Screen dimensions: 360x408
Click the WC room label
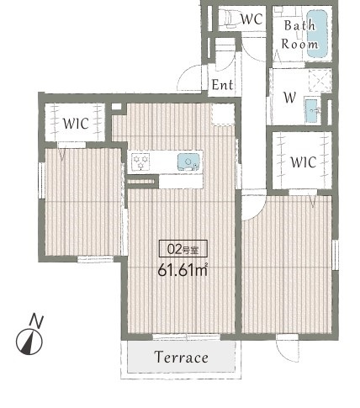pos(251,19)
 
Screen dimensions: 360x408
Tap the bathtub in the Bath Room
pos(317,34)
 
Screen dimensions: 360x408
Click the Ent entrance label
pos(222,84)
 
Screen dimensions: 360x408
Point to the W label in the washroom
pos(289,98)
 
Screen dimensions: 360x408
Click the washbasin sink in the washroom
pos(312,110)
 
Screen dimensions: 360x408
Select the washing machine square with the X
pos(320,80)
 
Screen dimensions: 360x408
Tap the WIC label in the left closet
pos(76,124)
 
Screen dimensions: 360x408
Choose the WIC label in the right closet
pos(304,162)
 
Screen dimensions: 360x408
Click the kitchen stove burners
pos(140,162)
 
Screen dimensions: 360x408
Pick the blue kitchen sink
pos(189,162)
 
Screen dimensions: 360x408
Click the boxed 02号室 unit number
pos(183,248)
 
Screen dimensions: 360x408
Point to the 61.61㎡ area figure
pos(183,270)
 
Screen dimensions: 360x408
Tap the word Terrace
pos(182,357)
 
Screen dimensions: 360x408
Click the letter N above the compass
pos(37,321)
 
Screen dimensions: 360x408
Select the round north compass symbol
pos(29,342)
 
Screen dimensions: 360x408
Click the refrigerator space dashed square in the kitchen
pos(223,114)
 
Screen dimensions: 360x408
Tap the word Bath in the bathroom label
pos(299,25)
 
